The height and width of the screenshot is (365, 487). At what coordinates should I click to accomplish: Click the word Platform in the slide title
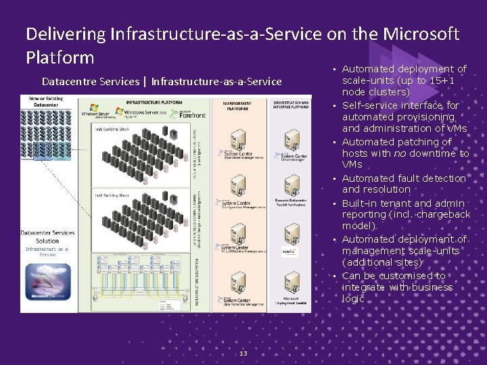(x=60, y=57)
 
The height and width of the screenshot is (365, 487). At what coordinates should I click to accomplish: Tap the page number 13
(x=243, y=354)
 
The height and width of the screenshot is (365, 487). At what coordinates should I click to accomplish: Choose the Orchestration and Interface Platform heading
(x=291, y=105)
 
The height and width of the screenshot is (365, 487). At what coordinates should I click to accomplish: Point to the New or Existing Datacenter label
(x=47, y=101)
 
